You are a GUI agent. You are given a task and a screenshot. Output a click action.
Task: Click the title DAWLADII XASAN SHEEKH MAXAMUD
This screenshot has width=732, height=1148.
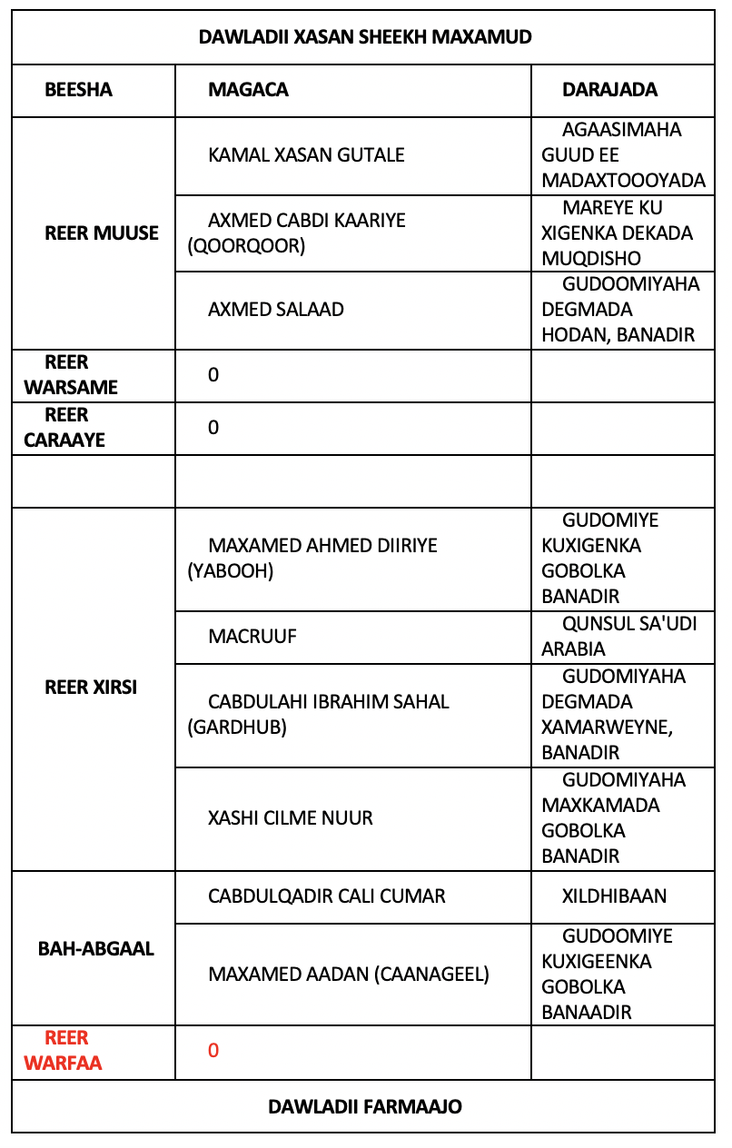[365, 37]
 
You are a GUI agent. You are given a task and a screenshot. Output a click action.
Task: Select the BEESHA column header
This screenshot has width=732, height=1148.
[78, 89]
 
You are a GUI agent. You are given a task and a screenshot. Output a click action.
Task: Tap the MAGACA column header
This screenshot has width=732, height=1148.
[248, 89]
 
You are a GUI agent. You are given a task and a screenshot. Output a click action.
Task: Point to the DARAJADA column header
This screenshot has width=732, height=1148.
[609, 89]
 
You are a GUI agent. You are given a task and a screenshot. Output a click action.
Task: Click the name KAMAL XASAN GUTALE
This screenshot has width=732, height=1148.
[306, 154]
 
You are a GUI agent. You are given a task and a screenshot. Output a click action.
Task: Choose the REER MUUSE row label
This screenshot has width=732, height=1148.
[102, 233]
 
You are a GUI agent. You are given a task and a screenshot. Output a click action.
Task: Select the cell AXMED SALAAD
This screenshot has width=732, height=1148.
[276, 309]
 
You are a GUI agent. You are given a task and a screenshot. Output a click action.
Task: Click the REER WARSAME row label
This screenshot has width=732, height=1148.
[71, 374]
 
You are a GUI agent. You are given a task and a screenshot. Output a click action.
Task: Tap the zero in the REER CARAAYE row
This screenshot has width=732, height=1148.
[213, 427]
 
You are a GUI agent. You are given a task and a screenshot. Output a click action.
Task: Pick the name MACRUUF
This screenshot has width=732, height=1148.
[252, 636]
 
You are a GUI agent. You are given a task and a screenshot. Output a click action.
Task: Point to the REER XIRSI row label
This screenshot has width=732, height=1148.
[91, 687]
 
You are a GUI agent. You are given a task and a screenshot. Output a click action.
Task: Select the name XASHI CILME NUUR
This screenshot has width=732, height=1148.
[291, 817]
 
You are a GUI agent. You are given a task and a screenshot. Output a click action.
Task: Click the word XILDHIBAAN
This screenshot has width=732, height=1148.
[614, 896]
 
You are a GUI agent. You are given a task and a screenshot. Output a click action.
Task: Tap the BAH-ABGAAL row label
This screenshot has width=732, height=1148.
[96, 948]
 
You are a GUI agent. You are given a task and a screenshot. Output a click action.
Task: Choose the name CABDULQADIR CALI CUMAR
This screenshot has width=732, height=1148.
[327, 896]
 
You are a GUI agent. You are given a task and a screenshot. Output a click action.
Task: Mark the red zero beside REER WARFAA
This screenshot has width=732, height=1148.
[213, 1050]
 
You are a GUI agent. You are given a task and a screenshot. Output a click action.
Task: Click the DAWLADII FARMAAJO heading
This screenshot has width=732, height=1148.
[365, 1105]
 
